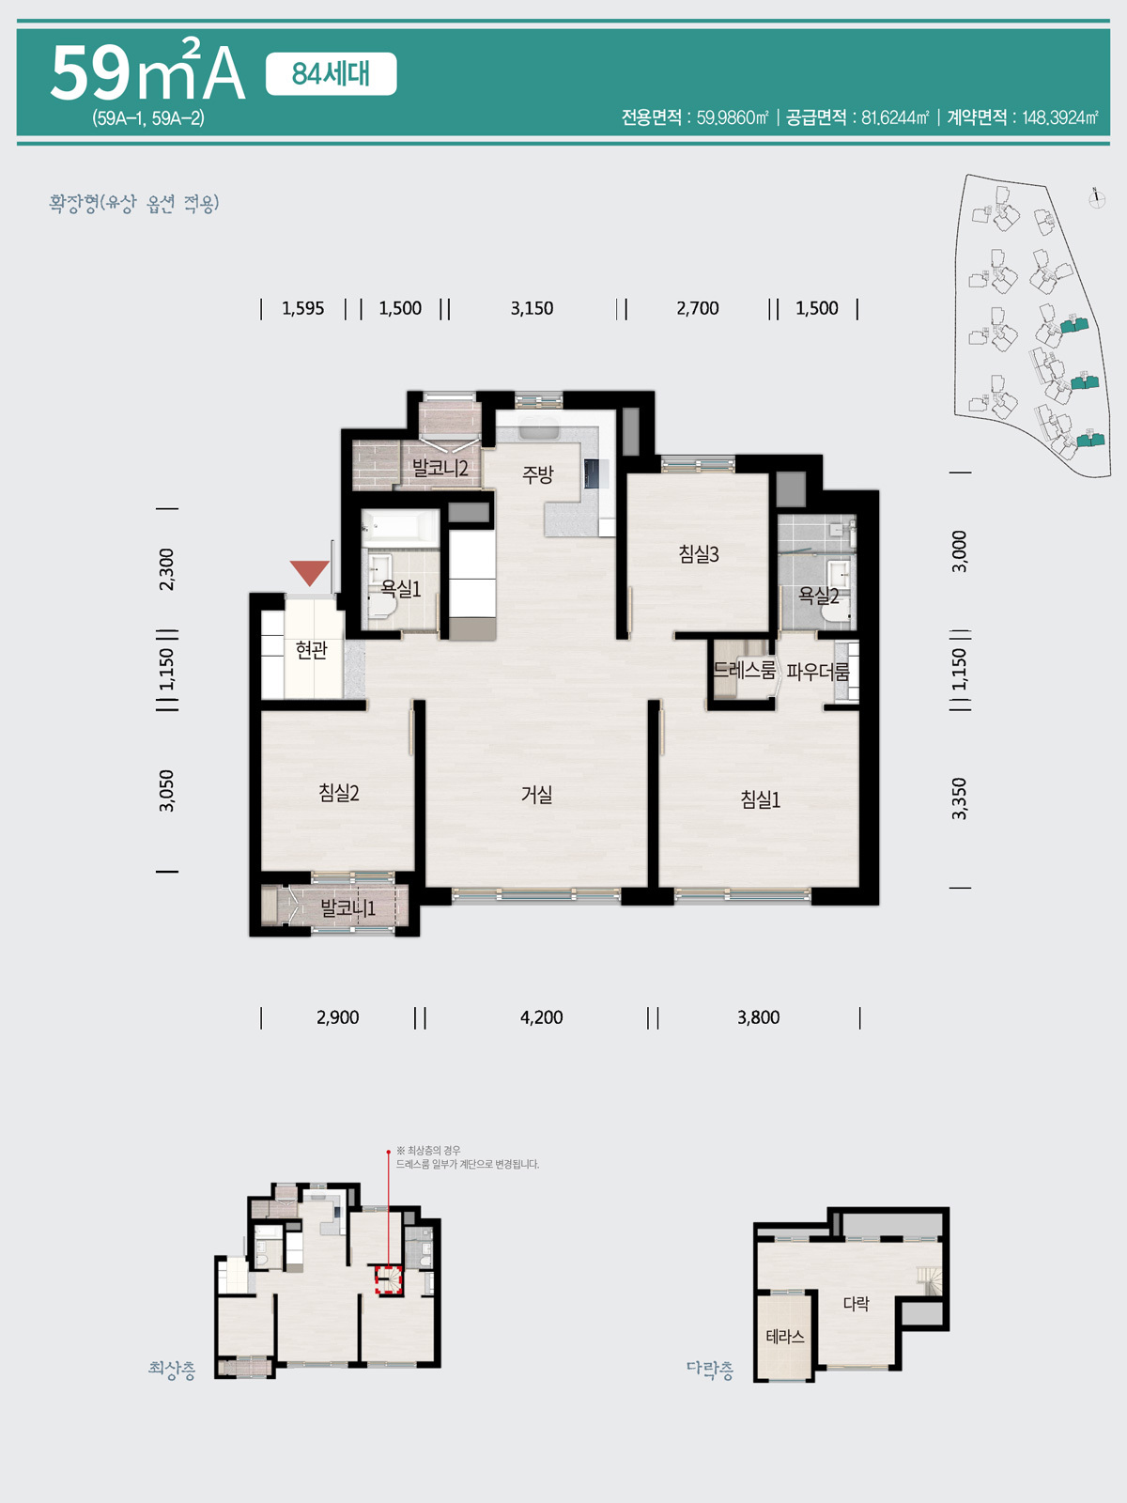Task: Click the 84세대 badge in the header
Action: pyautogui.click(x=331, y=74)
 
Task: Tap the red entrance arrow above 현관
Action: pyautogui.click(x=309, y=572)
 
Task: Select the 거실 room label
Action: pyautogui.click(x=536, y=795)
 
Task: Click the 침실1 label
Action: pyautogui.click(x=760, y=799)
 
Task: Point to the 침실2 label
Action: pyautogui.click(x=339, y=793)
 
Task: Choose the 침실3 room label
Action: pyautogui.click(x=699, y=554)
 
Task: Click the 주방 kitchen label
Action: pyautogui.click(x=538, y=473)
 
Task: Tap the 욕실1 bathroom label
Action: pyautogui.click(x=401, y=588)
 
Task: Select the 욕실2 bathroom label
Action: pyautogui.click(x=818, y=596)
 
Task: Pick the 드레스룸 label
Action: pyautogui.click(x=745, y=670)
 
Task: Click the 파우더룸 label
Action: pyautogui.click(x=818, y=671)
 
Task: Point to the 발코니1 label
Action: pyautogui.click(x=348, y=908)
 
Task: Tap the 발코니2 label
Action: pyautogui.click(x=440, y=469)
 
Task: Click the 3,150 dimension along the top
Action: pyautogui.click(x=532, y=308)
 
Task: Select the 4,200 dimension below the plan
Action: pyautogui.click(x=541, y=1017)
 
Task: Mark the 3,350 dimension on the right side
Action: pyautogui.click(x=960, y=798)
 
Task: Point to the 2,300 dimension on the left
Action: pyautogui.click(x=166, y=569)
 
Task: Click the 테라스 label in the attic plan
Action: pyautogui.click(x=785, y=1336)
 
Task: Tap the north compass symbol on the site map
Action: pyautogui.click(x=1097, y=198)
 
